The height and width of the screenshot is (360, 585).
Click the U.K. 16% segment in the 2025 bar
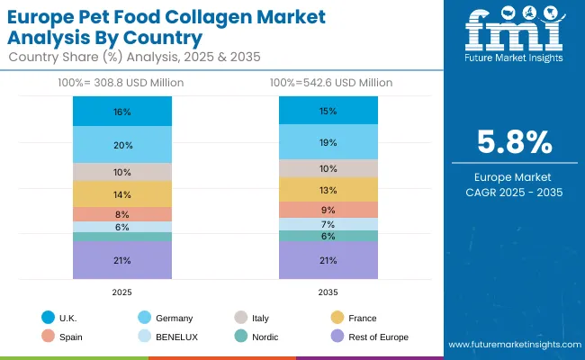click(122, 112)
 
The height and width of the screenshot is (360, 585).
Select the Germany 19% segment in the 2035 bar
click(328, 142)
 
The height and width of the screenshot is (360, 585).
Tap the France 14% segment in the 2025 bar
click(122, 194)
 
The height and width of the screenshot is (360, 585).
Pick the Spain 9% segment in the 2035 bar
click(328, 210)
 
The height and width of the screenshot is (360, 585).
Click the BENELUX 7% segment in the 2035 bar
click(328, 224)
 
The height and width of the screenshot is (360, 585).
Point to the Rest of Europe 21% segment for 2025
click(122, 260)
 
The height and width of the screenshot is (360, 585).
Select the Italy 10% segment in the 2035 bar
click(328, 168)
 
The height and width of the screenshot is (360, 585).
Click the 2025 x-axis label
click(122, 291)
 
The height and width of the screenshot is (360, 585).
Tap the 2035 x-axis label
click(328, 291)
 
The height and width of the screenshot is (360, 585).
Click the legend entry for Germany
click(172, 318)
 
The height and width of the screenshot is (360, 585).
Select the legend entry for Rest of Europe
click(377, 337)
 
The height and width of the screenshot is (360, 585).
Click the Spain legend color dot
click(47, 337)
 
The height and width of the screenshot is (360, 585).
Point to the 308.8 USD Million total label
click(122, 83)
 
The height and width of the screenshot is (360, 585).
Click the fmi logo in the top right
click(513, 36)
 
